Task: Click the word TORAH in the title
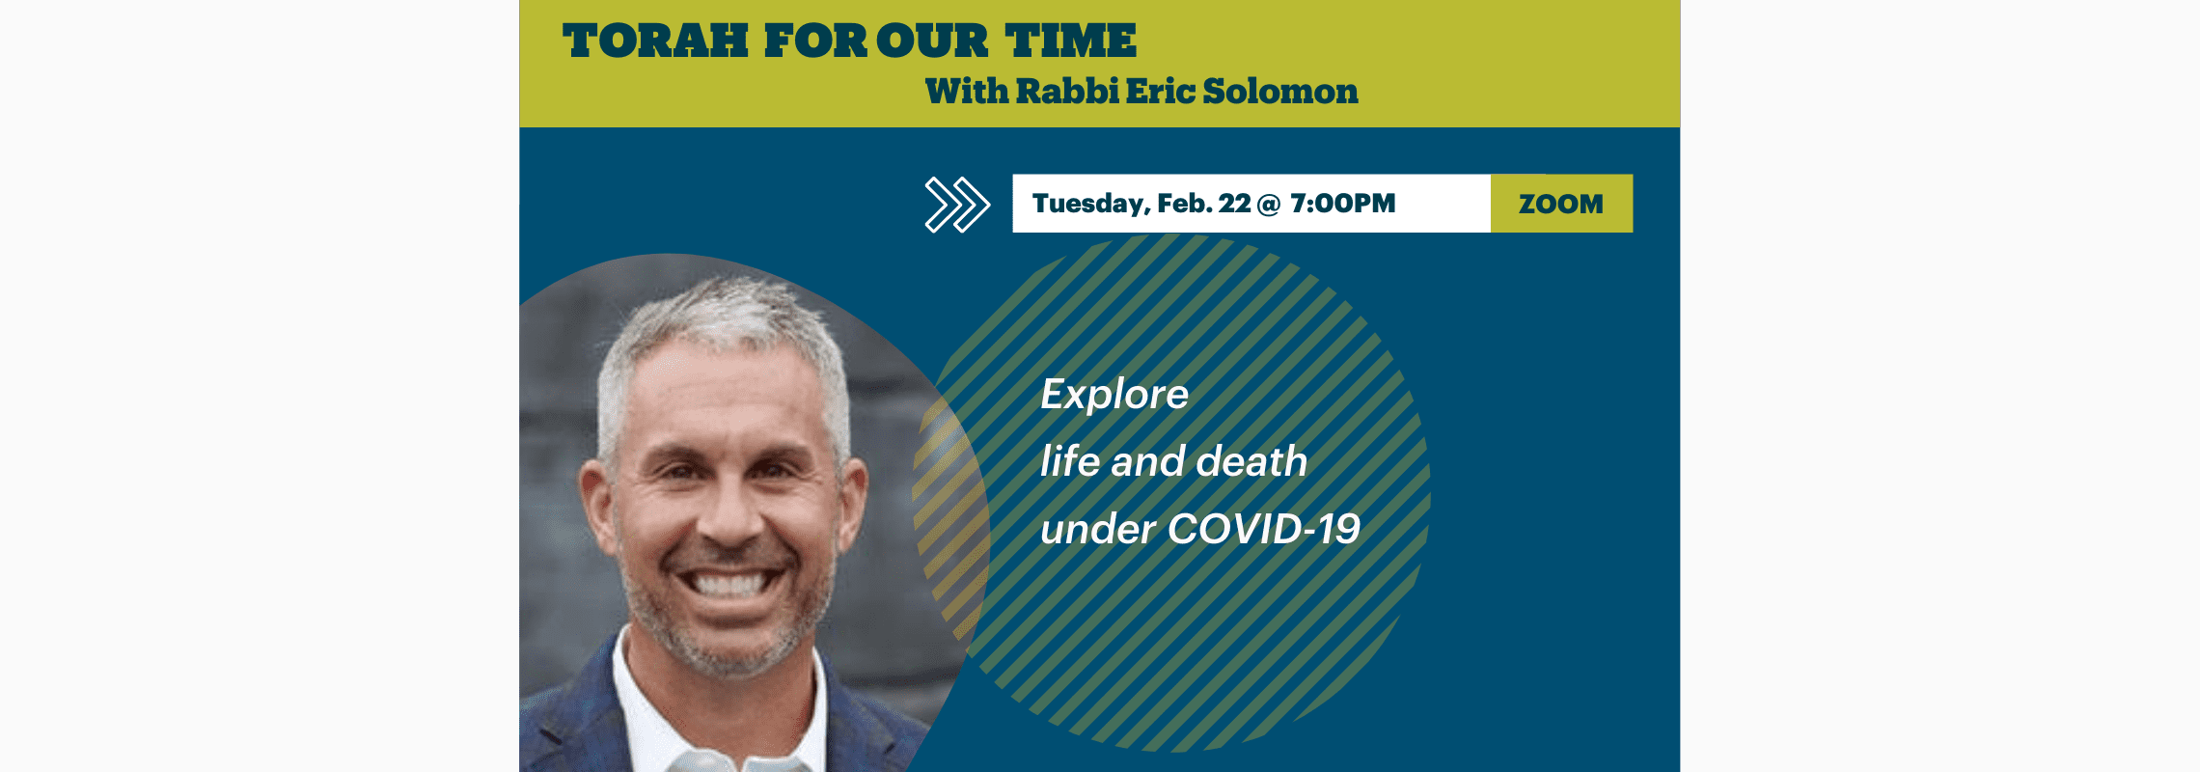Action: (x=655, y=41)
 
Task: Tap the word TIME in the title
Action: (x=1071, y=41)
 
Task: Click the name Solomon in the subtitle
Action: (x=1280, y=91)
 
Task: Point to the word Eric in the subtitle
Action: (x=1160, y=91)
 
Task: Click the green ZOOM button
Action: (x=1561, y=204)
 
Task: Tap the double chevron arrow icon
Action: (x=957, y=205)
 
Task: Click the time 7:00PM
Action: (x=1343, y=204)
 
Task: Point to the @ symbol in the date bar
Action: (x=1270, y=205)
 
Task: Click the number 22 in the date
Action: (x=1234, y=204)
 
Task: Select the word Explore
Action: (x=1114, y=395)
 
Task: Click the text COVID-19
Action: (x=1264, y=529)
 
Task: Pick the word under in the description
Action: (x=1098, y=530)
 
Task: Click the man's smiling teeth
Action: (x=730, y=583)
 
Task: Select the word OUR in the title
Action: (x=932, y=41)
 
